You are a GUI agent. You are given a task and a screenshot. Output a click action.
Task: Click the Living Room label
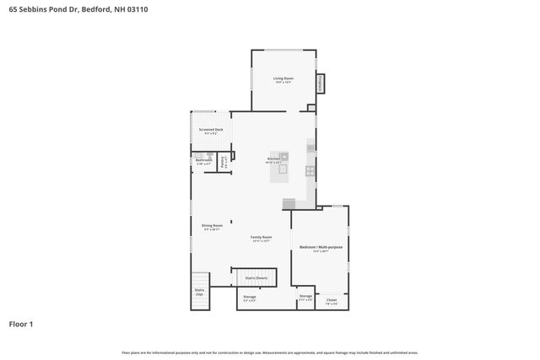(x=282, y=80)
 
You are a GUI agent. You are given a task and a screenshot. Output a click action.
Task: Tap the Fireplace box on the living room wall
(x=321, y=83)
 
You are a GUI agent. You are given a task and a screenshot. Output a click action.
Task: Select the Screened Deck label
(x=211, y=131)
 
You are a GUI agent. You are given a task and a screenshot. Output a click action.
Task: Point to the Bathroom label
(x=203, y=160)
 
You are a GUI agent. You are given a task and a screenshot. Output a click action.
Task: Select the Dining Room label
(x=212, y=226)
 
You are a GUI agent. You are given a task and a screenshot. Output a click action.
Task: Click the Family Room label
(x=261, y=239)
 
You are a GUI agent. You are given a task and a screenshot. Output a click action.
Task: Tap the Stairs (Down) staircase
(x=256, y=277)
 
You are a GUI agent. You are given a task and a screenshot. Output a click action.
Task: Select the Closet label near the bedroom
(x=332, y=301)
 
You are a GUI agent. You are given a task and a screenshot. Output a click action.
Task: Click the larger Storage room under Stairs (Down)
(x=250, y=298)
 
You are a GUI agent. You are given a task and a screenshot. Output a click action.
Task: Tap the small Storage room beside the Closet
(x=305, y=298)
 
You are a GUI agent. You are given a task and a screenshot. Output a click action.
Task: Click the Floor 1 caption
(x=22, y=323)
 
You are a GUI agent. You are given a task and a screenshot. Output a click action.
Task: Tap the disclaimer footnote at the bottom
(x=269, y=352)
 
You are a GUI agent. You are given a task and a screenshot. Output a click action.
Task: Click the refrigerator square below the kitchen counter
(x=289, y=203)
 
